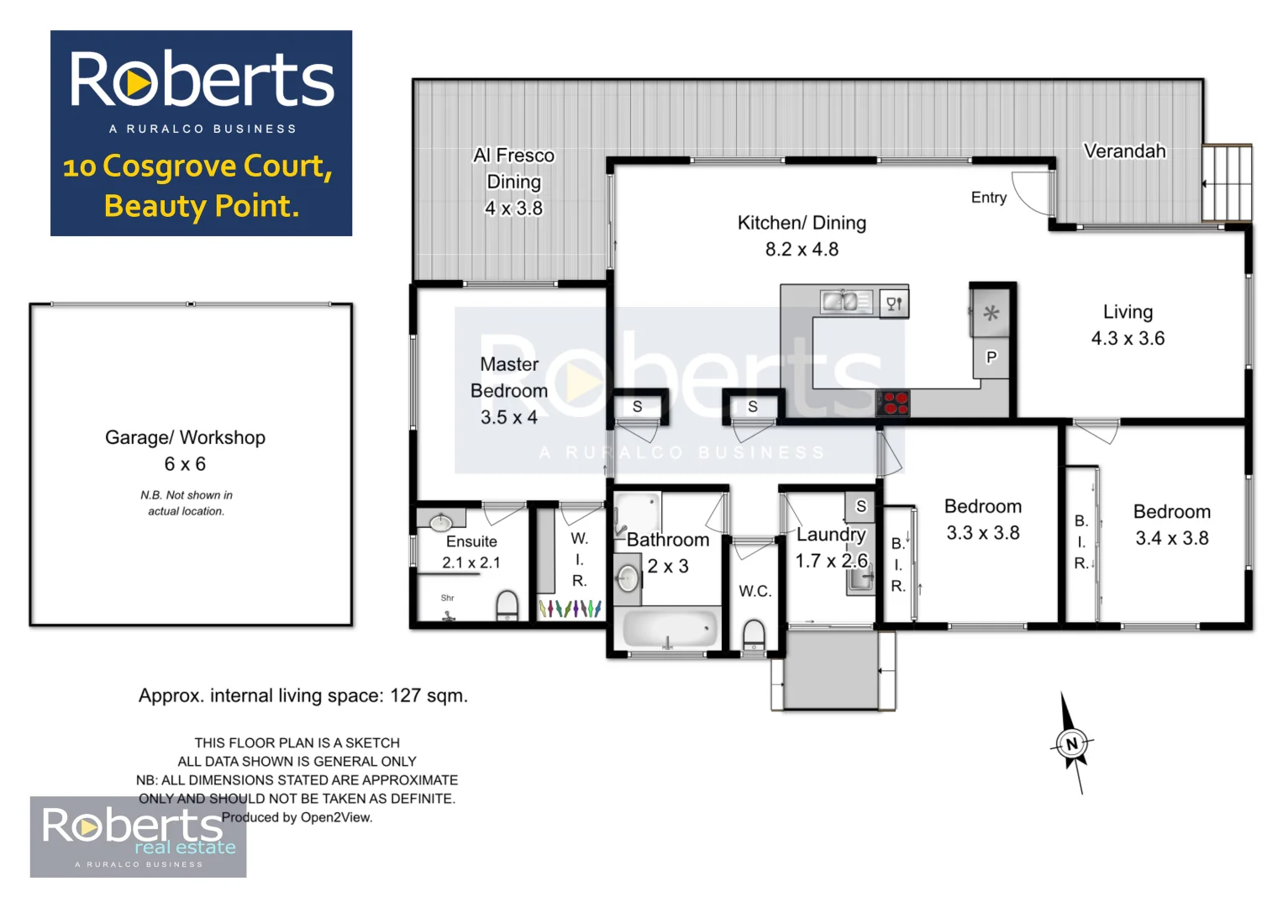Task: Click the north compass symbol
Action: (1071, 744)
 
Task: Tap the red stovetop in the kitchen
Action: (893, 404)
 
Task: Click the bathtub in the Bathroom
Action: (670, 628)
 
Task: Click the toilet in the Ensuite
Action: (507, 604)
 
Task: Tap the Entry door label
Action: (988, 198)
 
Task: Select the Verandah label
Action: (1124, 151)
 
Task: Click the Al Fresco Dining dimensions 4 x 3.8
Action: (513, 209)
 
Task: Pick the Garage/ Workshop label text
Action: (185, 437)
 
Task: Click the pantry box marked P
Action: (991, 357)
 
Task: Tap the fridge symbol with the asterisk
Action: (991, 314)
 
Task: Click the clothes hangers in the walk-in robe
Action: (570, 608)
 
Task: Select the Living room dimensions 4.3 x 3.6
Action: (1128, 338)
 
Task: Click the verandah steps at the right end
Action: (1227, 182)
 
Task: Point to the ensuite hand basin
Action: (441, 522)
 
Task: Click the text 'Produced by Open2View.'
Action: (297, 817)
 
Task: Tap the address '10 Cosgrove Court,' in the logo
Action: (198, 166)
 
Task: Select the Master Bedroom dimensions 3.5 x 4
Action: (508, 417)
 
